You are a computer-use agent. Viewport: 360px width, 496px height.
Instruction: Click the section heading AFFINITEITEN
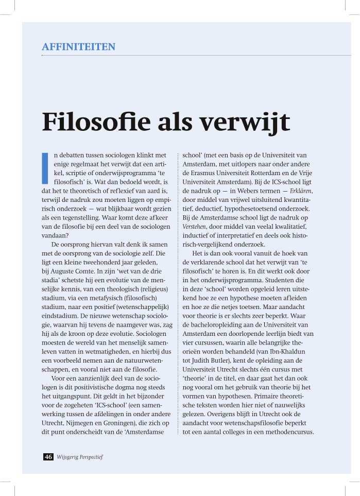pos(78,47)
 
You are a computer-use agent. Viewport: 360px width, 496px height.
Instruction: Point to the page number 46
pos(48,457)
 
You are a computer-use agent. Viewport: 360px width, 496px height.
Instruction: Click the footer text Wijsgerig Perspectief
pos(80,457)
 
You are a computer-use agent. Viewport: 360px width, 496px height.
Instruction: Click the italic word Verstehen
pos(195,227)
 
